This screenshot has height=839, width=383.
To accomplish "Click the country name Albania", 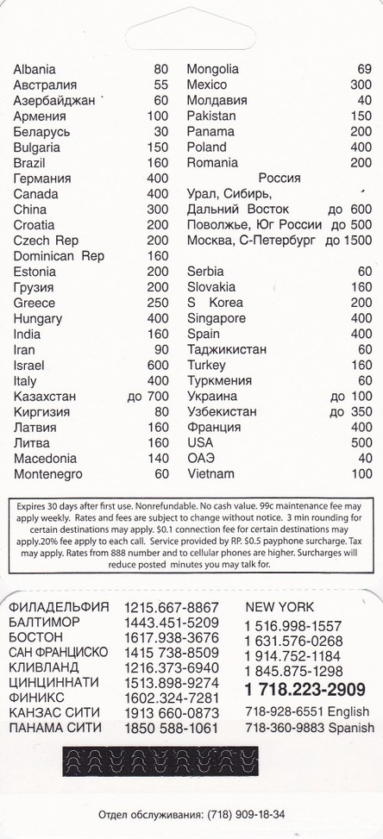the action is [35, 69].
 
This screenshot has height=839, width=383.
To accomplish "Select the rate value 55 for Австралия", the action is [160, 85].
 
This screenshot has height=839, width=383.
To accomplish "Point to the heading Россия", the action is [279, 178].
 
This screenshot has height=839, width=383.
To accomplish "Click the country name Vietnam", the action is [210, 474].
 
